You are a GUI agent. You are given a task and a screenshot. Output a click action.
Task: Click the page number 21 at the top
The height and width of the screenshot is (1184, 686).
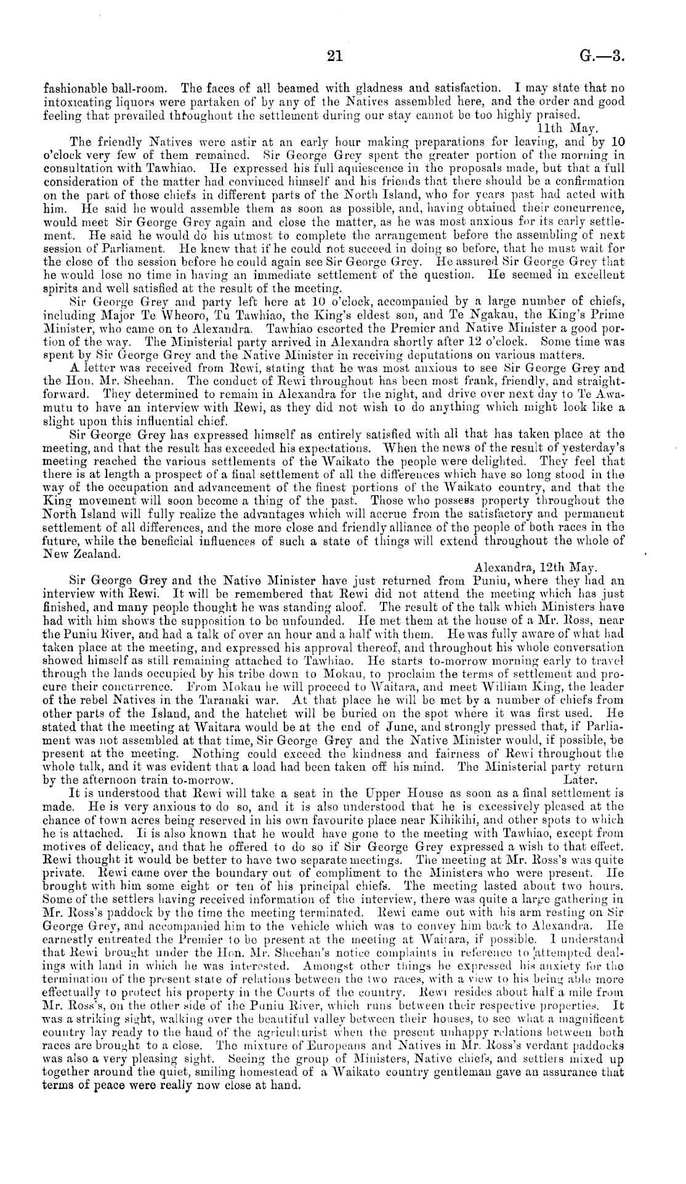click(x=334, y=57)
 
